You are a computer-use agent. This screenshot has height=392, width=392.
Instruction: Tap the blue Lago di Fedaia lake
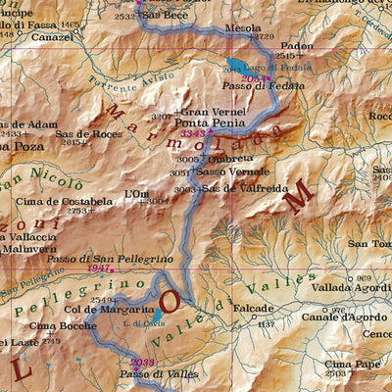click(x=233, y=68)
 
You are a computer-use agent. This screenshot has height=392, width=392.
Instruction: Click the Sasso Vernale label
click(x=227, y=171)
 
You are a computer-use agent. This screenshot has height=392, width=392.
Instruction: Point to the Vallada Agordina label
click(x=349, y=289)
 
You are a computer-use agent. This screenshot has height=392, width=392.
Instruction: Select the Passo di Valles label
click(x=151, y=374)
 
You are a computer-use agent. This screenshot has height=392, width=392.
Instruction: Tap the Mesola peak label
click(x=242, y=29)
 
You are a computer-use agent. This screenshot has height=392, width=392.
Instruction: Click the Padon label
click(x=297, y=45)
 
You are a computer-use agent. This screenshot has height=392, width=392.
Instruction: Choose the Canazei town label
click(x=52, y=36)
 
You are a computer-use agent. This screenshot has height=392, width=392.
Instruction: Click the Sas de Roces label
click(x=89, y=133)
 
